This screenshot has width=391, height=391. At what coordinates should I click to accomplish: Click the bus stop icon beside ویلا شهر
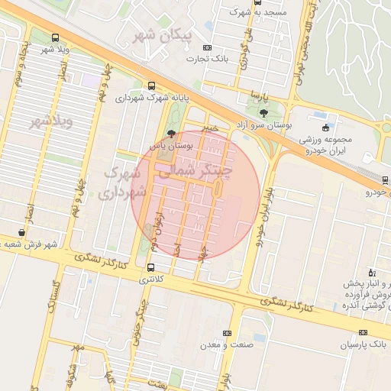[55, 37]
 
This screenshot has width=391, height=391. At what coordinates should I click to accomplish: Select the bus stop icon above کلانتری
[150, 268]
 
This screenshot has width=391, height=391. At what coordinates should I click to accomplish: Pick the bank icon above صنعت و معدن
[226, 334]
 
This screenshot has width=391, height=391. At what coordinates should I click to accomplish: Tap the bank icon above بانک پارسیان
[363, 333]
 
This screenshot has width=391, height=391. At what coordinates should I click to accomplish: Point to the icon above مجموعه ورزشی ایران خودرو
[327, 128]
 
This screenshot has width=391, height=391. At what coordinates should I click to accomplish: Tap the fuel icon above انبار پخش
[372, 273]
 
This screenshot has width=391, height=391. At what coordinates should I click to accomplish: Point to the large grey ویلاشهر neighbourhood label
[50, 121]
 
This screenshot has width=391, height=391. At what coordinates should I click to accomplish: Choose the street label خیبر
[212, 129]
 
